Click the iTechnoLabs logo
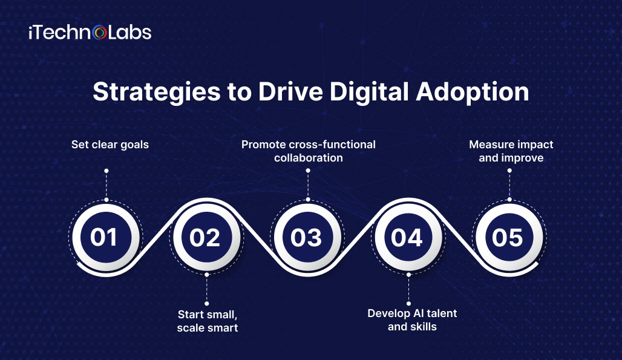(x=90, y=33)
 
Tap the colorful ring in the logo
(x=99, y=33)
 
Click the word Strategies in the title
(x=156, y=93)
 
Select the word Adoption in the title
(x=473, y=93)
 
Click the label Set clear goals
(x=110, y=145)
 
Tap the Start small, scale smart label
(x=208, y=321)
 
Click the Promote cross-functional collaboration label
(x=309, y=151)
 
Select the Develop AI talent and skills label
(x=412, y=320)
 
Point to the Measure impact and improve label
(x=511, y=151)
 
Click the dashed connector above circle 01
(x=106, y=185)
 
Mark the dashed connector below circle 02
(x=207, y=289)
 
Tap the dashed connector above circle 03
(x=308, y=185)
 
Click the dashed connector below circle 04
(x=408, y=289)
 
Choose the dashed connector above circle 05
(x=509, y=185)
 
